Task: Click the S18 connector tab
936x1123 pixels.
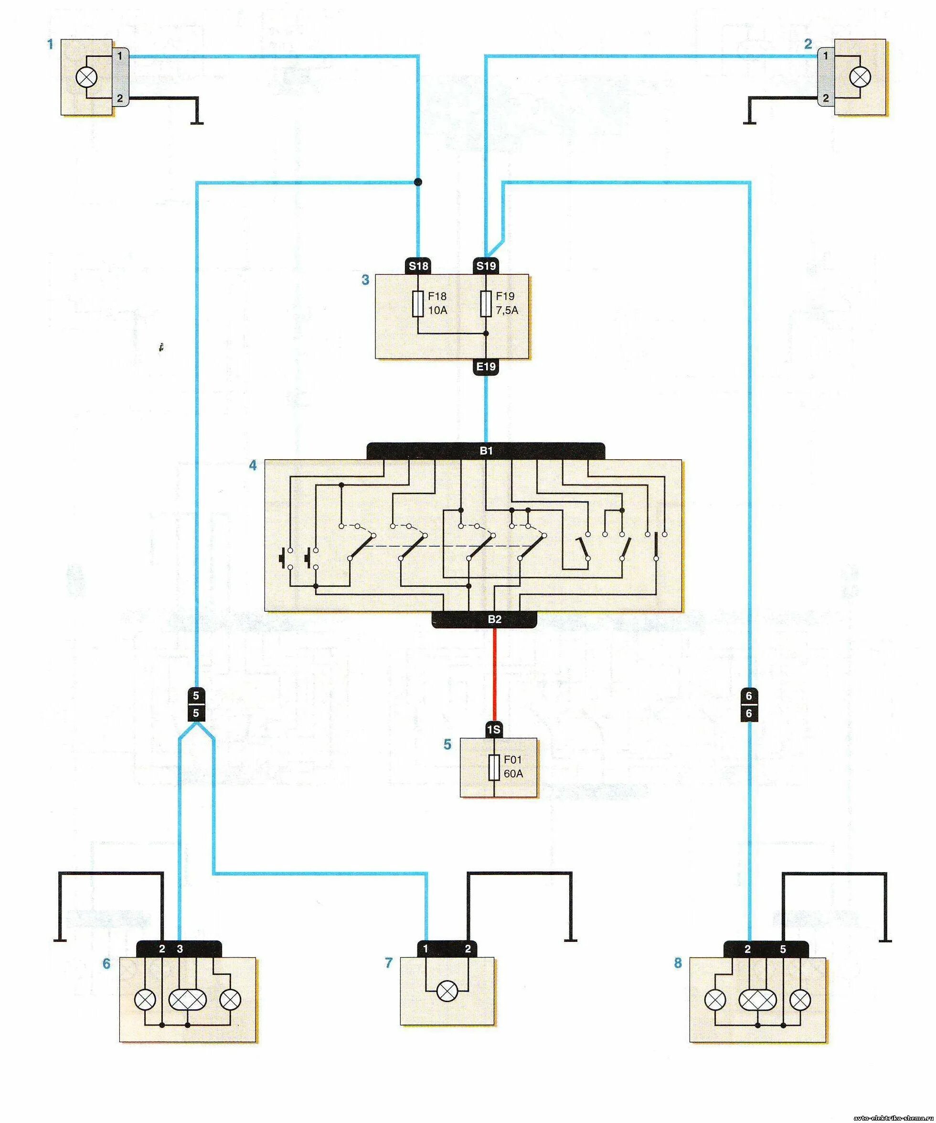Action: pyautogui.click(x=418, y=266)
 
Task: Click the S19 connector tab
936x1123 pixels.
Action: pyautogui.click(x=485, y=266)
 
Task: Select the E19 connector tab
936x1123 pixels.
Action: pyautogui.click(x=485, y=367)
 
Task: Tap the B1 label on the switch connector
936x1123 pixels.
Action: pyautogui.click(x=485, y=451)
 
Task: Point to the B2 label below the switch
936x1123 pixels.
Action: pyautogui.click(x=494, y=619)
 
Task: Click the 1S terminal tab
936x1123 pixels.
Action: pyautogui.click(x=494, y=729)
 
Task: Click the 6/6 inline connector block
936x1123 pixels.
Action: pyautogui.click(x=749, y=704)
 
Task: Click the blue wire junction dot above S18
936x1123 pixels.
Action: pyautogui.click(x=418, y=182)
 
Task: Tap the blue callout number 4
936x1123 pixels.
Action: pyautogui.click(x=253, y=465)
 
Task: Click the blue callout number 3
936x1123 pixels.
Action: pyautogui.click(x=365, y=280)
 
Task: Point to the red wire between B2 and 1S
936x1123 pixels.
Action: pyautogui.click(x=494, y=674)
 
